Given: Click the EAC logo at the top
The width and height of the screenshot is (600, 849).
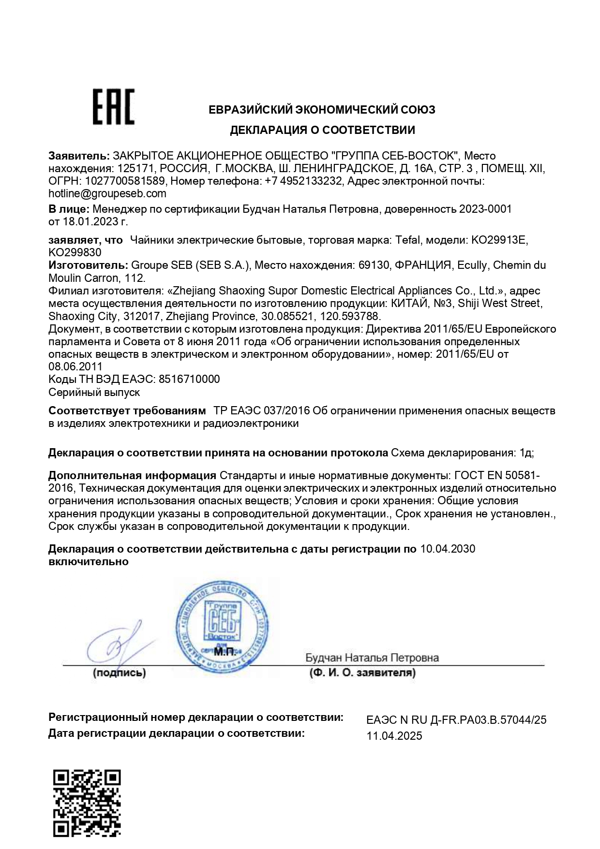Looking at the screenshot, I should coord(113,107).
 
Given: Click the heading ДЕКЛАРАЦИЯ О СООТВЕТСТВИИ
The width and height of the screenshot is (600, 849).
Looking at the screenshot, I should coord(322,130).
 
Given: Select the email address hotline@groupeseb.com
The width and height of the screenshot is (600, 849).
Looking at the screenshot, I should coord(107,194).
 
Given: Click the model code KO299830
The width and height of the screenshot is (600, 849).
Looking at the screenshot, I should coord(75,252).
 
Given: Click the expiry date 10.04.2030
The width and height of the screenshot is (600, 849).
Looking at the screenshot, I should coord(448,549).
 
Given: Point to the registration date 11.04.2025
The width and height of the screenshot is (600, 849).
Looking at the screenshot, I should coord(394,736).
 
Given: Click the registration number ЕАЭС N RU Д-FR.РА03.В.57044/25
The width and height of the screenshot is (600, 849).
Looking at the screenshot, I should coord(456,720).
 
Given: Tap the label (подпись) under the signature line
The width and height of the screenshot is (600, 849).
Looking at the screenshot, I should coord(119,673).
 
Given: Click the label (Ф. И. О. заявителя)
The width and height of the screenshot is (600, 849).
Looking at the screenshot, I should coord(362,673).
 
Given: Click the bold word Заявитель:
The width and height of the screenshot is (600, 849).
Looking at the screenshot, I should coord(79,156).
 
